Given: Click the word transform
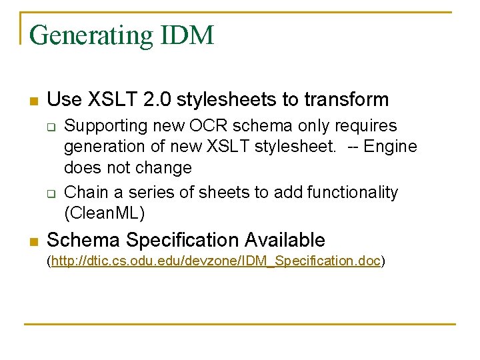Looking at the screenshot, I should pyautogui.click(x=346, y=99).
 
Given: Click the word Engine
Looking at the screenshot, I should pyautogui.click(x=393, y=147).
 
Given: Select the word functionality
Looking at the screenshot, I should pyautogui.click(x=352, y=193).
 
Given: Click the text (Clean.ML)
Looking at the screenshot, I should pyautogui.click(x=104, y=213).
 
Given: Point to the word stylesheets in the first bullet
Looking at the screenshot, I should pyautogui.click(x=223, y=99).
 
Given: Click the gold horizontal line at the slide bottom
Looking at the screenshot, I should pyautogui.click(x=240, y=324).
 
